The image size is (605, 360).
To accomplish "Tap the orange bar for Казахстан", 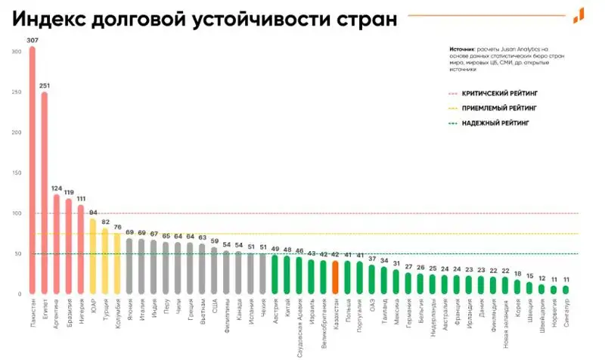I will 335,277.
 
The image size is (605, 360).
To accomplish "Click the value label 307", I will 32,41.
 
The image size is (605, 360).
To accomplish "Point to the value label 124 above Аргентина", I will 56,188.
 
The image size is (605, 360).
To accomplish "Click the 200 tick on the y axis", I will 17,132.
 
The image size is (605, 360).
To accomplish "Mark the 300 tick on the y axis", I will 17,51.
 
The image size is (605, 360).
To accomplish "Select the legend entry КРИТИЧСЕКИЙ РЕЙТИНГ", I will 495,94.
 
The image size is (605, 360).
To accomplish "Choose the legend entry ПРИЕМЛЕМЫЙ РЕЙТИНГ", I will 495,107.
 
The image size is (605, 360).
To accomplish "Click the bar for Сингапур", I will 565,289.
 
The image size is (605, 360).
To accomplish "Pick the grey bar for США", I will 214,270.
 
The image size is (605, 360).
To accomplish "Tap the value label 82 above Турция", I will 105,222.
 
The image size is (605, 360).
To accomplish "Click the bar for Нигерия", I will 81,249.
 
